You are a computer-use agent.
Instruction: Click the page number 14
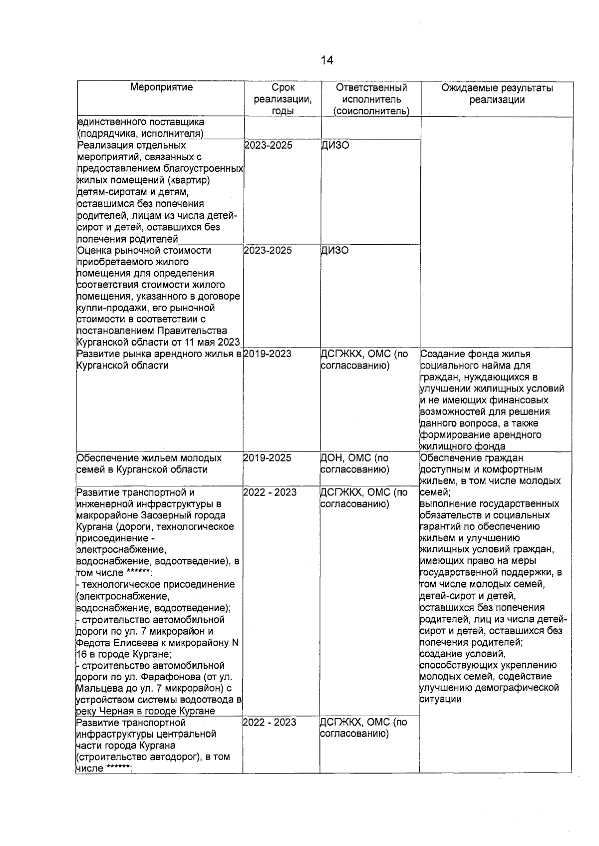326,60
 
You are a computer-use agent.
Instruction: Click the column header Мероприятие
161,87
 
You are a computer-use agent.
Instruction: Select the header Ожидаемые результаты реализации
497,93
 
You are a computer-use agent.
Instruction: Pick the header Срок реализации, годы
283,99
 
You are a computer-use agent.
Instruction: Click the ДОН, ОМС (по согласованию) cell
354,463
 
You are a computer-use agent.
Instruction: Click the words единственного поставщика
140,122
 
